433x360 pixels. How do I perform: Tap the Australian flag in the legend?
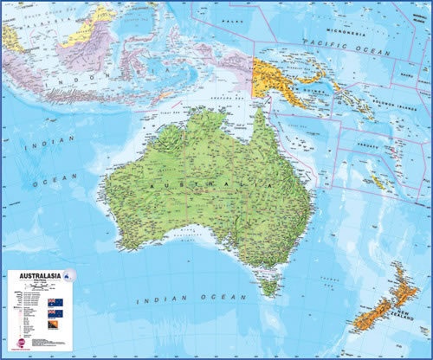[57, 301]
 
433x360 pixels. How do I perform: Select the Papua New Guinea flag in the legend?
[58, 327]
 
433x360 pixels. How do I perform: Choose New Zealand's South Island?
[372, 322]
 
